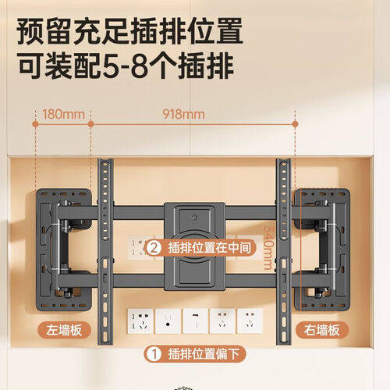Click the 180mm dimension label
pyautogui.click(x=63, y=114)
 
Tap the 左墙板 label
pyautogui.click(x=65, y=331)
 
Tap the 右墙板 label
pyautogui.click(x=322, y=331)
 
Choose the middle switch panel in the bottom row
pyautogui.click(x=193, y=320)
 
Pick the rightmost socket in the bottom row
pyautogui.click(x=248, y=320)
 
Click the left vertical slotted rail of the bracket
pyautogui.click(x=105, y=250)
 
